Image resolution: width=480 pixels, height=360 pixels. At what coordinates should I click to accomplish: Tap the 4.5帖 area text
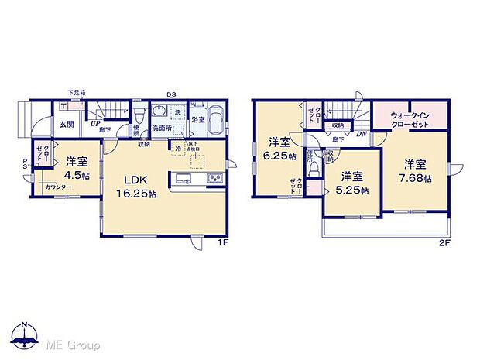pyautogui.click(x=75, y=176)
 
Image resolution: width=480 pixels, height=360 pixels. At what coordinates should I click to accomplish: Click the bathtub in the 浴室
pyautogui.click(x=214, y=123)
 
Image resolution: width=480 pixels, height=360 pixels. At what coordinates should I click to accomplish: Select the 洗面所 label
pyautogui.click(x=161, y=128)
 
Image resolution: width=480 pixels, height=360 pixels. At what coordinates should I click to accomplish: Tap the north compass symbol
pyautogui.click(x=26, y=335)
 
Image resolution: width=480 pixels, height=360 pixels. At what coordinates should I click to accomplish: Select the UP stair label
pyautogui.click(x=95, y=122)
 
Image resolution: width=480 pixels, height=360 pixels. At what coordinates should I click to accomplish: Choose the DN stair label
pyautogui.click(x=360, y=134)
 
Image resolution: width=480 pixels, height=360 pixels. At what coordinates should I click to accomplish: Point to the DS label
pyautogui.click(x=170, y=95)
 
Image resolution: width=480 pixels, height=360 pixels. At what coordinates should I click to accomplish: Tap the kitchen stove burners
pyautogui.click(x=213, y=180)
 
